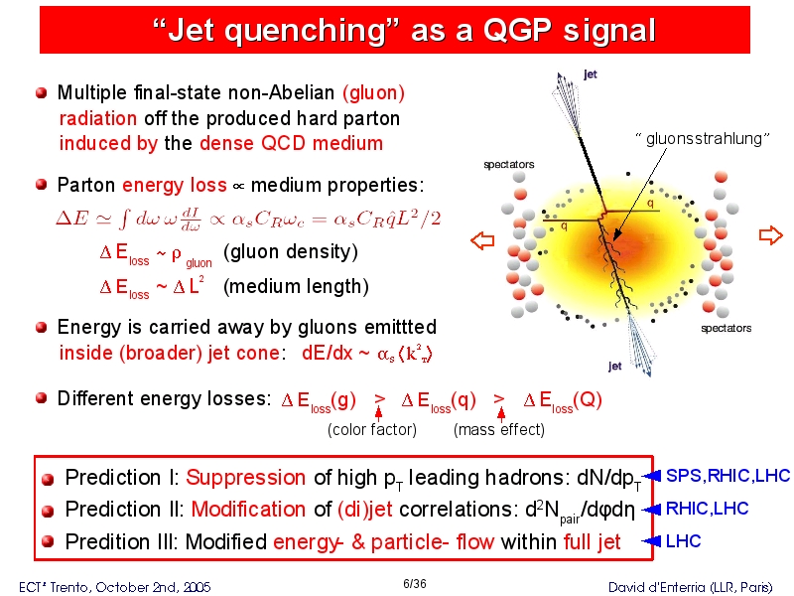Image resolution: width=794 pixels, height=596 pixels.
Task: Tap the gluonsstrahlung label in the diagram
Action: (703, 138)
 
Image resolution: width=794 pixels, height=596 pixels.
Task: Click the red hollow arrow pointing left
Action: (482, 240)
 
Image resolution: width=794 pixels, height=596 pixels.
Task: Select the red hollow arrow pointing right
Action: (771, 235)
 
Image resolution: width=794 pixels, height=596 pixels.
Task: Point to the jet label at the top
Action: (591, 74)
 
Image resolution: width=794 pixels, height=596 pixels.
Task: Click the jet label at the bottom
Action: (615, 366)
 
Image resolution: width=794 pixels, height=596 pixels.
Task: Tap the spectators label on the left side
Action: (509, 164)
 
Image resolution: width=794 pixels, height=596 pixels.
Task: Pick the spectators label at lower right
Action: (727, 328)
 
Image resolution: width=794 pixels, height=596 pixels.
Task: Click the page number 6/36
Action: (414, 584)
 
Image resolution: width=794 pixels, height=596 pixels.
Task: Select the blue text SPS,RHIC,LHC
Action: (728, 476)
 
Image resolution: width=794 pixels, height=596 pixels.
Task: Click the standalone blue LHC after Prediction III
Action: (683, 541)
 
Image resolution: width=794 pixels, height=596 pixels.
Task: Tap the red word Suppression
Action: (245, 478)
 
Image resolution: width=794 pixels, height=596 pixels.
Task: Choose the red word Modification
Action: (248, 510)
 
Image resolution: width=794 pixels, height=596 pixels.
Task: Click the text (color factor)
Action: (372, 430)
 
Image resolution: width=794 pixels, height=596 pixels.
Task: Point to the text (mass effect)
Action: (499, 430)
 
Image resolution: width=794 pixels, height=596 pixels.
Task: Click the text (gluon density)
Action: (291, 252)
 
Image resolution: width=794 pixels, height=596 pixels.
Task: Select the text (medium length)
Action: (296, 287)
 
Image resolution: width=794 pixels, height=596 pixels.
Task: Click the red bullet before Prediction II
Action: (48, 511)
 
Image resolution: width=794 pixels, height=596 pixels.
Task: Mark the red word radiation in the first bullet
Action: (98, 118)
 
